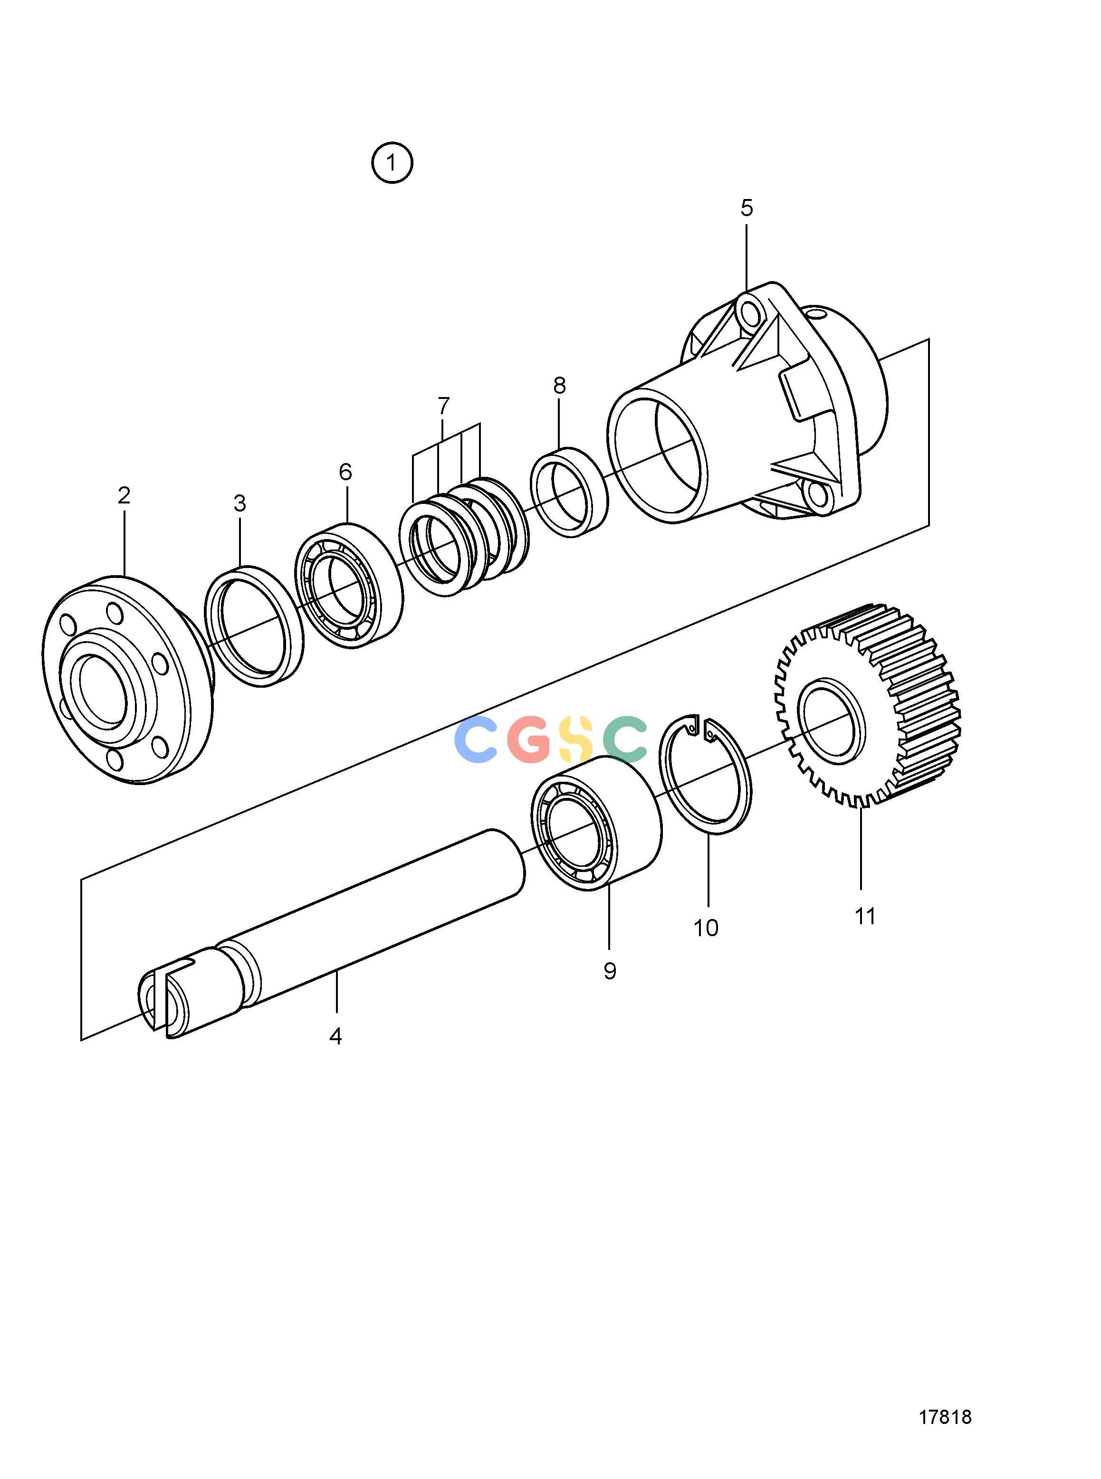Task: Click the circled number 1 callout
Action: [392, 162]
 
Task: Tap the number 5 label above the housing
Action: [747, 209]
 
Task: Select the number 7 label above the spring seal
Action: [444, 405]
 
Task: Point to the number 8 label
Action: [559, 385]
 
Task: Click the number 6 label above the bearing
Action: [345, 472]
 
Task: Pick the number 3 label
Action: [240, 503]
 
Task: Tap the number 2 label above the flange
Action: [124, 495]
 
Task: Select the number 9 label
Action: [610, 971]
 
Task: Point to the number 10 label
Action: [706, 928]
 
